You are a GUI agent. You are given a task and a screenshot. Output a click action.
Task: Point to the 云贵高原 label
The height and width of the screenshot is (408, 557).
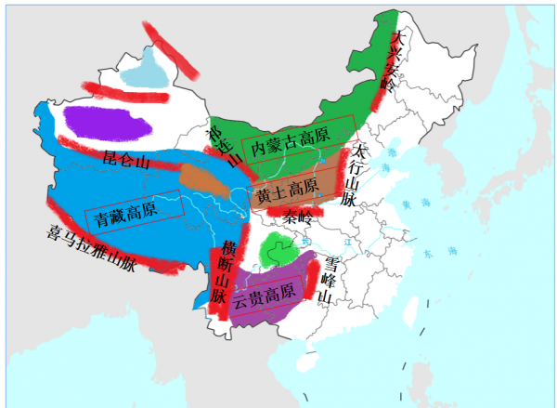pyautogui.click(x=264, y=298)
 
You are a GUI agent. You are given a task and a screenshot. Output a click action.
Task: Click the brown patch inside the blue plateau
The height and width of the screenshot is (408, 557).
pyautogui.click(x=206, y=178)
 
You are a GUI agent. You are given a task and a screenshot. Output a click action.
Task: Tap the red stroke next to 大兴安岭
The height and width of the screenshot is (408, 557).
pyautogui.click(x=382, y=89)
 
